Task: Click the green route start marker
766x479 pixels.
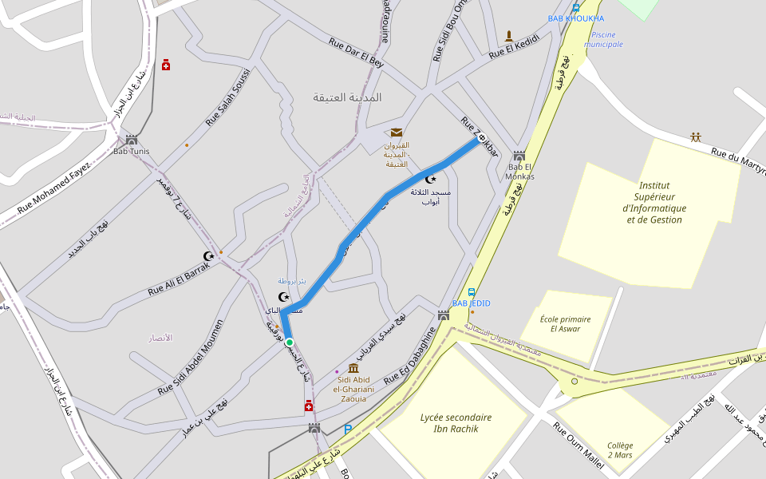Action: click(x=290, y=342)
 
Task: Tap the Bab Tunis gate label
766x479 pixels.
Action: click(x=132, y=151)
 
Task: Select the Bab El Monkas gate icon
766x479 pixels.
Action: click(x=519, y=156)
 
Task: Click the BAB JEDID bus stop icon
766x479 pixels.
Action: click(x=472, y=293)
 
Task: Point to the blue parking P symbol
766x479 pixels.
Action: click(x=348, y=430)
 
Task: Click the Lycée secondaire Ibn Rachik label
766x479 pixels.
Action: click(x=456, y=423)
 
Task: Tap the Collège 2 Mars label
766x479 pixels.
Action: click(x=619, y=450)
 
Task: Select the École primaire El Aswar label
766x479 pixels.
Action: click(x=565, y=323)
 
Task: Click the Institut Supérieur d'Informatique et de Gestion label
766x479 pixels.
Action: click(x=654, y=202)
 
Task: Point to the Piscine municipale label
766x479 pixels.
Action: click(x=602, y=39)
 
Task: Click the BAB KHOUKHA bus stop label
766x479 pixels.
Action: click(x=576, y=18)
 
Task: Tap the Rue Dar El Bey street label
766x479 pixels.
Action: click(x=356, y=52)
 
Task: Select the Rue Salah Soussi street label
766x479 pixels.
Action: click(x=228, y=97)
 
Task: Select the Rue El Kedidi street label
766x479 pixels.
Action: click(x=515, y=46)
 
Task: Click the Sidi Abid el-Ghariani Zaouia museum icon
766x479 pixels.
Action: click(x=353, y=368)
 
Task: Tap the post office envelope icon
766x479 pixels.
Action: click(x=397, y=133)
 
